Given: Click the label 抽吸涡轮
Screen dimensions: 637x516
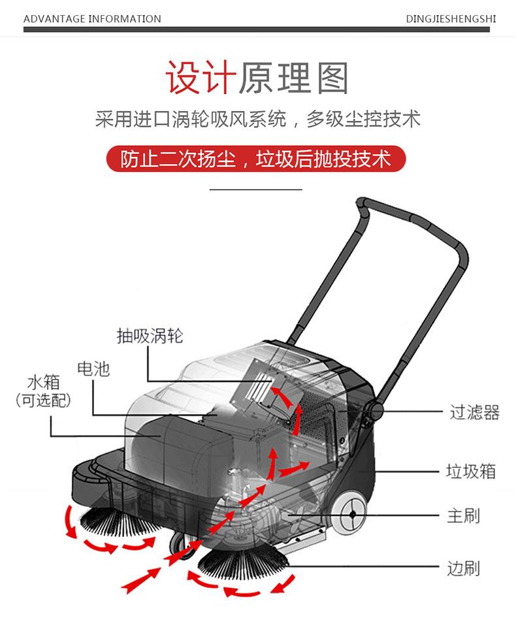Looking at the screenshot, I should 150,336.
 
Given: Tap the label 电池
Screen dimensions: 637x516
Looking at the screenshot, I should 93,369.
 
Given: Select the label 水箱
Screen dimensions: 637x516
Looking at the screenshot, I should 43,382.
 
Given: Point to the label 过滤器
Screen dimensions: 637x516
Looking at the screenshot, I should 474,412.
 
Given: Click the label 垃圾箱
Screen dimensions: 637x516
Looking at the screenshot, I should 471,471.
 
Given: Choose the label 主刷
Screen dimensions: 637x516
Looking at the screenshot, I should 463,515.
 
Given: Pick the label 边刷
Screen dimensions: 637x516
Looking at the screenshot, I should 463,568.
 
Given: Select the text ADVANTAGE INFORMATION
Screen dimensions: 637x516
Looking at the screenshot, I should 92,19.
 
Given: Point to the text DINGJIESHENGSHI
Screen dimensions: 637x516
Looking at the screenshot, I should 451,19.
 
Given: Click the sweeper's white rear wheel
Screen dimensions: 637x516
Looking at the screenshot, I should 351,514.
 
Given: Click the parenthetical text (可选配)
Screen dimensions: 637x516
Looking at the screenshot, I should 43,400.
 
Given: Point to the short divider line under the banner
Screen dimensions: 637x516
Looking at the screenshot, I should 256,189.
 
